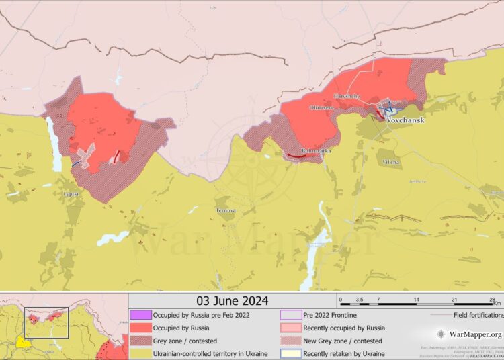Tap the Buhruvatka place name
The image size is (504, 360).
pyautogui.click(x=316, y=151)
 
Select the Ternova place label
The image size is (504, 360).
pyautogui.click(x=226, y=210)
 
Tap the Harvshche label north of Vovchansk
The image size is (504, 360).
pyautogui.click(x=347, y=97)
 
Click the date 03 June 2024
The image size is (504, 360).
pyautogui.click(x=232, y=300)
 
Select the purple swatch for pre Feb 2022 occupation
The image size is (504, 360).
pyautogui.click(x=140, y=314)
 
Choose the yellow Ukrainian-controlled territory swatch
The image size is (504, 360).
pyautogui.click(x=140, y=353)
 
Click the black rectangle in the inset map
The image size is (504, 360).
pyautogui.click(x=46, y=323)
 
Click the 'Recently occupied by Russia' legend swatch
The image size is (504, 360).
pyautogui.click(x=291, y=328)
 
